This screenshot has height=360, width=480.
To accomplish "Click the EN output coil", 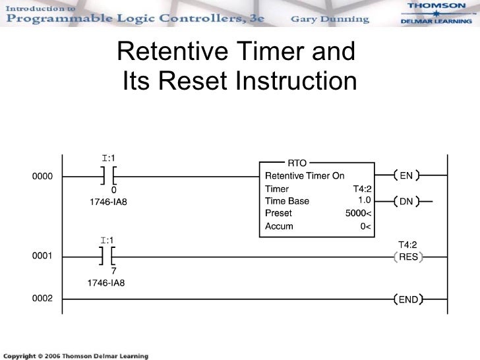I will [406, 176].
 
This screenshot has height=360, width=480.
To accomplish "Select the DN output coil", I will [406, 201].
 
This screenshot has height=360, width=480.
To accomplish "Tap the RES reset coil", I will [408, 256].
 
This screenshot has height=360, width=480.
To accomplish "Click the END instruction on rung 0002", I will [408, 299].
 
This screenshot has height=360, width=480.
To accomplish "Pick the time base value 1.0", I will [363, 200].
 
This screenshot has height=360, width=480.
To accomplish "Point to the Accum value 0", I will [364, 227].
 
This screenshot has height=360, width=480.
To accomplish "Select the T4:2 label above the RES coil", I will [407, 244].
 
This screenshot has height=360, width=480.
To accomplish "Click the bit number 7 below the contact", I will [113, 271].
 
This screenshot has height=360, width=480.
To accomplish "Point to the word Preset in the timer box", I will [278, 214].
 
